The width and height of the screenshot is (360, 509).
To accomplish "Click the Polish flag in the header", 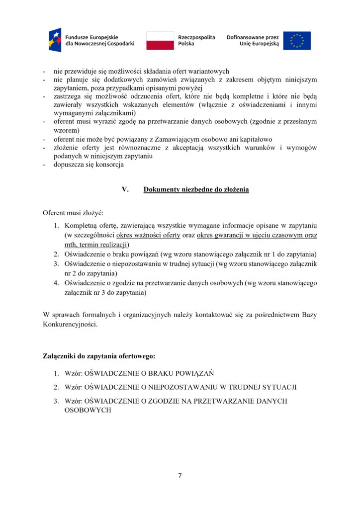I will coord(160,40).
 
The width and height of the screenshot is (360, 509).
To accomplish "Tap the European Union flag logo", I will coord(297,40).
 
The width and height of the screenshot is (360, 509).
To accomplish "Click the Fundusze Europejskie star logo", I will coord(55,40).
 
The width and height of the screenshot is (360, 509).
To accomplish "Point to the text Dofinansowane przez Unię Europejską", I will coord(253,40).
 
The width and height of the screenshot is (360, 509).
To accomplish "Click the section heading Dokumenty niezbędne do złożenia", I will coord(196,189).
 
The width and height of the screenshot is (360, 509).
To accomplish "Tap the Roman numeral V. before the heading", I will coord(125,189).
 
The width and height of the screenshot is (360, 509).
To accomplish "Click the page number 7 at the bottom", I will coord(180,476).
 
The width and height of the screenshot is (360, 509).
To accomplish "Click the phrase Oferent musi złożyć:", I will coord(73,213).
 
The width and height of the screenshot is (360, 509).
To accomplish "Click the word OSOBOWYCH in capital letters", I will coord(88,411).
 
